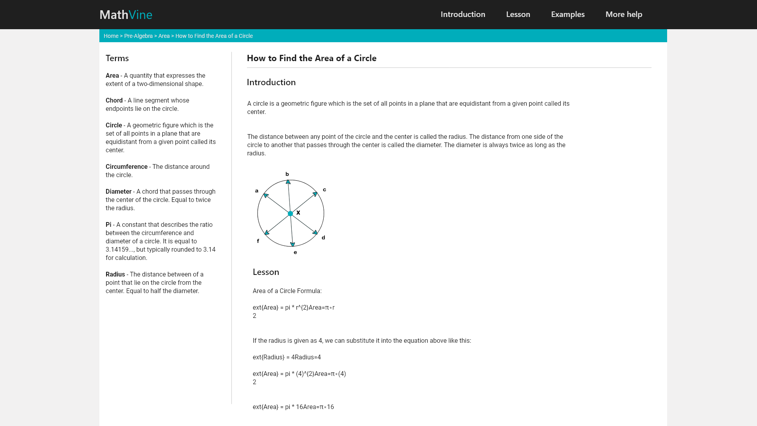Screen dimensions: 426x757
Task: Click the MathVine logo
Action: point(126,15)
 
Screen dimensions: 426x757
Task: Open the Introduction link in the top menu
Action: point(463,15)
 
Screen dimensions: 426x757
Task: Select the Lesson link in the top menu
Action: point(518,15)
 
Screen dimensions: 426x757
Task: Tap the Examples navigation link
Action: point(568,15)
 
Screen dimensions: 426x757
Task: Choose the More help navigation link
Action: point(624,15)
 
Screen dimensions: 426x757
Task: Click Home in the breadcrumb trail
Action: point(111,36)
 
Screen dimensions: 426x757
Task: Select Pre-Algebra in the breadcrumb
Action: point(138,36)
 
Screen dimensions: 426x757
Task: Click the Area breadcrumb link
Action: point(164,36)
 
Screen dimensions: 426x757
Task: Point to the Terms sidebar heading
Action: point(117,58)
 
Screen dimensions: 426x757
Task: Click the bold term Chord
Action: point(114,101)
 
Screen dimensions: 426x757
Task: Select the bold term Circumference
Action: point(127,167)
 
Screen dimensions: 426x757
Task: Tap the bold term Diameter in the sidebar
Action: point(118,192)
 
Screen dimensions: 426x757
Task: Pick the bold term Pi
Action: point(108,225)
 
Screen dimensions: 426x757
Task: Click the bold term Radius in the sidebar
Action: point(115,275)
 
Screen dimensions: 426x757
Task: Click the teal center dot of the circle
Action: point(291,213)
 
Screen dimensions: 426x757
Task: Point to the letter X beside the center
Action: point(298,213)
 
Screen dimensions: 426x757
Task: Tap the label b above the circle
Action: point(287,174)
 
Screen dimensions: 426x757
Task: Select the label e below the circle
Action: point(295,252)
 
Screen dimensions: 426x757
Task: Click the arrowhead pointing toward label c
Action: point(315,194)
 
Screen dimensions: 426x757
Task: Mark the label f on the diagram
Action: point(258,241)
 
